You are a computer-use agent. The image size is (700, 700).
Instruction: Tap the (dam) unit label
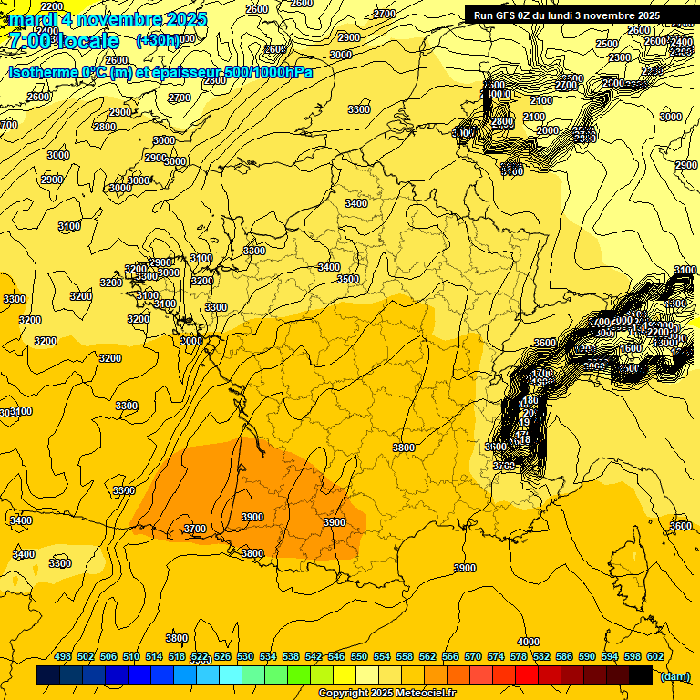pos(674,676)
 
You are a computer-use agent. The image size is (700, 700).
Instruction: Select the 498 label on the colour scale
pos(63,656)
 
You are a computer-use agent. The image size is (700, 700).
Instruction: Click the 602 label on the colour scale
pos(654,656)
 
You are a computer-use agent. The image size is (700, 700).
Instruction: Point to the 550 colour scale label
pos(359,656)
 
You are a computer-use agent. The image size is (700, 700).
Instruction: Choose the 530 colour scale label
pos(245,656)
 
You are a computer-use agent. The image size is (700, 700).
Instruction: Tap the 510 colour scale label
pos(131,656)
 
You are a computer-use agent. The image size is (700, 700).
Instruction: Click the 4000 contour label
pos(529,642)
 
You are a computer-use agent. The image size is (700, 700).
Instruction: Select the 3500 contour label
pos(348,279)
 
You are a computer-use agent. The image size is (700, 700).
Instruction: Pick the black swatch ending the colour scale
pos(641,675)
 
